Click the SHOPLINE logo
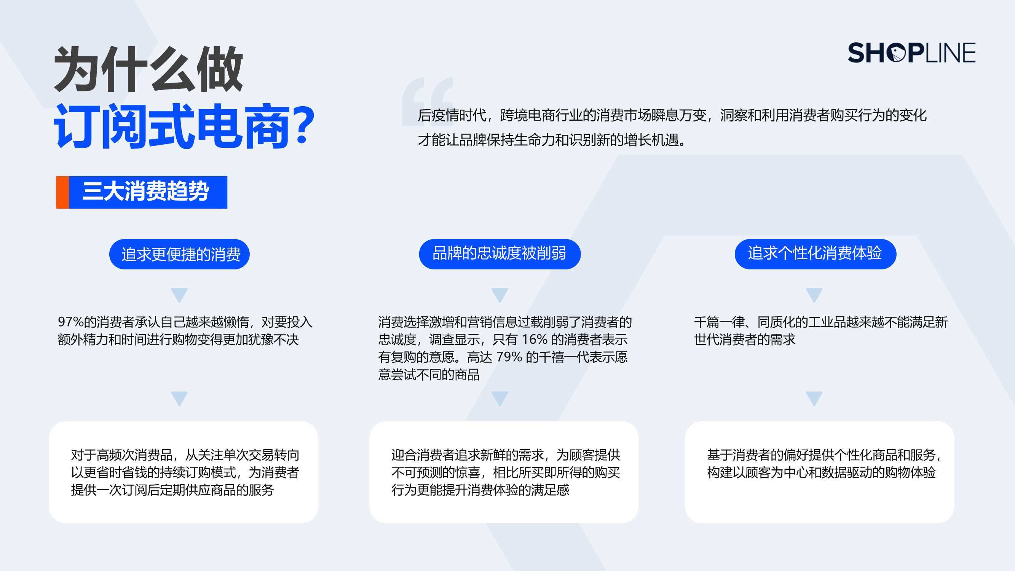click(x=911, y=53)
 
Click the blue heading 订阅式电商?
click(x=184, y=126)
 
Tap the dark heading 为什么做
click(x=148, y=69)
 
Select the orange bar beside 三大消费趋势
click(x=62, y=192)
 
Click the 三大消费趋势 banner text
click(x=145, y=192)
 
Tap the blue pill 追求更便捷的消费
click(x=179, y=254)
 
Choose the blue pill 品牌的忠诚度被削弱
click(x=500, y=254)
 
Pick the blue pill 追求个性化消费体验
click(x=815, y=254)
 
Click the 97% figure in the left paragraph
click(x=71, y=322)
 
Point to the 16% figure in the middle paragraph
click(x=535, y=340)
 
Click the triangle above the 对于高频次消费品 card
click(x=179, y=399)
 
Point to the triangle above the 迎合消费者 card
click(x=500, y=399)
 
